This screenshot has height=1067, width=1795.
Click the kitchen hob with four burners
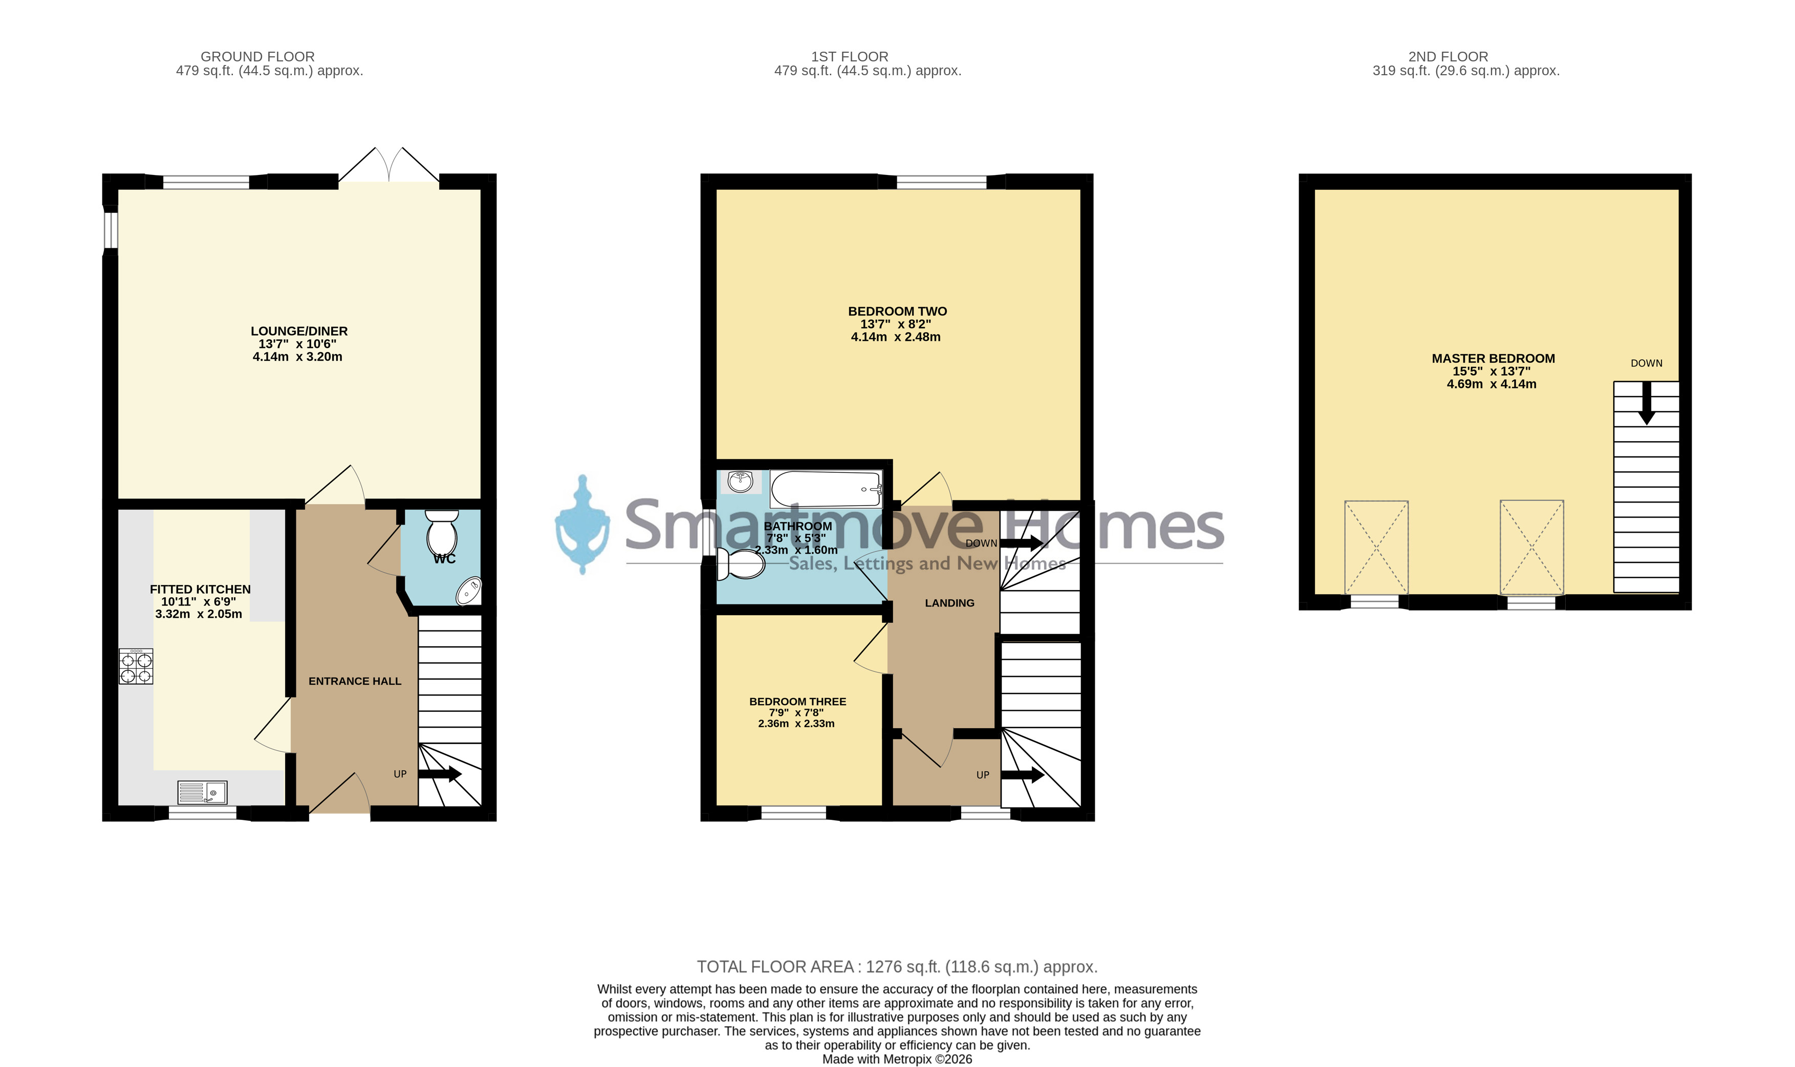[136, 666]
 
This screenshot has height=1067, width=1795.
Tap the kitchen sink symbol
[202, 792]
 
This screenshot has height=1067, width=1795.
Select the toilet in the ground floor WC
[442, 533]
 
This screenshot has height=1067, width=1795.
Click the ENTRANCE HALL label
[355, 681]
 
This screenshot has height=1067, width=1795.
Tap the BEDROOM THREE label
[797, 701]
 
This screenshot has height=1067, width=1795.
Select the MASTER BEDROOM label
[1493, 358]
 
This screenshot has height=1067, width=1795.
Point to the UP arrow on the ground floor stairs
[440, 774]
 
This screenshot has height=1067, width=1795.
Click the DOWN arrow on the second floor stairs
[1646, 403]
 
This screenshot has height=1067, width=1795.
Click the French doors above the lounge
[388, 165]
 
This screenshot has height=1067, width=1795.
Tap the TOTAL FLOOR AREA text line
[897, 967]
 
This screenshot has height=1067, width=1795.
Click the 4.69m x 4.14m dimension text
[1491, 384]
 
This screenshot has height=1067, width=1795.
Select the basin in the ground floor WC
[468, 591]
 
